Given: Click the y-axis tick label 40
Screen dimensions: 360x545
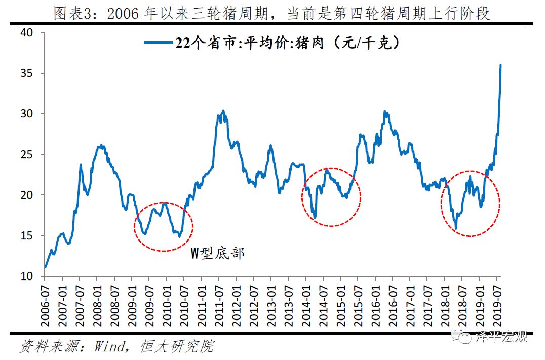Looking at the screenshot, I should (x=26, y=33).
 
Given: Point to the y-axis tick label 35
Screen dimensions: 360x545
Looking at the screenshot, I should (x=26, y=73).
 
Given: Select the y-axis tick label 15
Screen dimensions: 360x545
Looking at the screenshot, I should (x=26, y=236).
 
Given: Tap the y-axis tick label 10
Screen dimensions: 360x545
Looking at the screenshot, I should (x=26, y=276).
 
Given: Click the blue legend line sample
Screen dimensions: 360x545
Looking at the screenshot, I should (x=159, y=43).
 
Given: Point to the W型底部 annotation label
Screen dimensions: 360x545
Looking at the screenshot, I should (x=217, y=253).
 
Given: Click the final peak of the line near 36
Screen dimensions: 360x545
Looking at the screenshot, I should (x=500, y=65).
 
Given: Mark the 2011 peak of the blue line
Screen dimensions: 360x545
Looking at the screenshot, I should (x=223, y=111).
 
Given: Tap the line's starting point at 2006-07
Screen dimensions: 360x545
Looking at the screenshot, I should (x=46, y=267).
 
